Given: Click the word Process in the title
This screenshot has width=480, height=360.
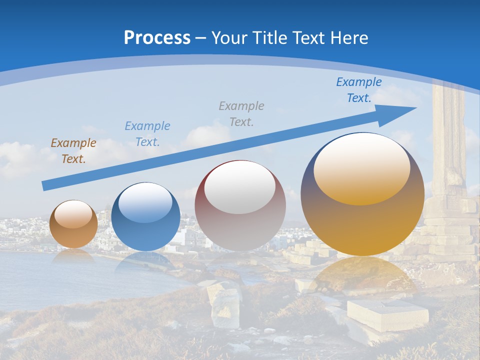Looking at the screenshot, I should (157, 38).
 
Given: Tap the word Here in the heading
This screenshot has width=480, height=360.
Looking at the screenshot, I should (350, 38).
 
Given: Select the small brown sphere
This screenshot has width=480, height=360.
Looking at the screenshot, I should (73, 224).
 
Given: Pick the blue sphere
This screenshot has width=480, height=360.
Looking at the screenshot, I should (145, 217).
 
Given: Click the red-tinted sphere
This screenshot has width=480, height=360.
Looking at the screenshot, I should (240, 206).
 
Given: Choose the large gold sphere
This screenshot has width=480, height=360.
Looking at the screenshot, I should (362, 194).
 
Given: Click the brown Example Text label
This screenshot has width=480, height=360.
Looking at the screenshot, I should (73, 151).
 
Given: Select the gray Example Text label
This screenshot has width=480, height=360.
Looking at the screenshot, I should (241, 113).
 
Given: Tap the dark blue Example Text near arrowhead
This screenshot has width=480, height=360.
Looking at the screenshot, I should (359, 90).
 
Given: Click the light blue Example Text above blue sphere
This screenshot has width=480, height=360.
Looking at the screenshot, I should (147, 133).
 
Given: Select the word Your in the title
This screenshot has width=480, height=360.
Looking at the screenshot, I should (229, 38).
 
